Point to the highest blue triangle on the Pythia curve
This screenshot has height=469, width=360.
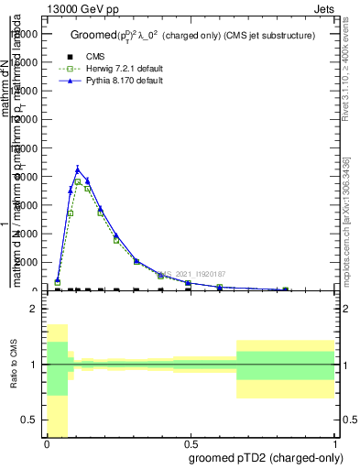click(x=78, y=169)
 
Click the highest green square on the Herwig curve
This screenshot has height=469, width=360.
click(x=79, y=181)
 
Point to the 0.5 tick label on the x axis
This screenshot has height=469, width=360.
click(x=191, y=444)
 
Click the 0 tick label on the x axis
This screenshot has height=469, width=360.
click(x=47, y=444)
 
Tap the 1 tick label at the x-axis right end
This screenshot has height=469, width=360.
click(x=334, y=444)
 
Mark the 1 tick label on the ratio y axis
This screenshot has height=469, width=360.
click(x=34, y=365)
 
